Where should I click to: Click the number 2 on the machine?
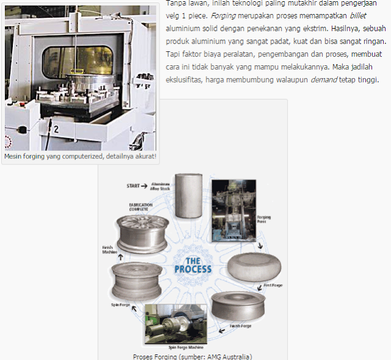coord(56,130)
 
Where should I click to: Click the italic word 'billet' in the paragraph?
coord(358,15)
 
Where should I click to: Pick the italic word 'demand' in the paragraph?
coord(324,80)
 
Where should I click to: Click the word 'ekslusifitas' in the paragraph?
coord(185,80)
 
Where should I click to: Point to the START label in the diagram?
coord(133,185)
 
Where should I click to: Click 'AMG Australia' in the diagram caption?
coord(230,356)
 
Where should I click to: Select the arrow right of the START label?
coord(145,185)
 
